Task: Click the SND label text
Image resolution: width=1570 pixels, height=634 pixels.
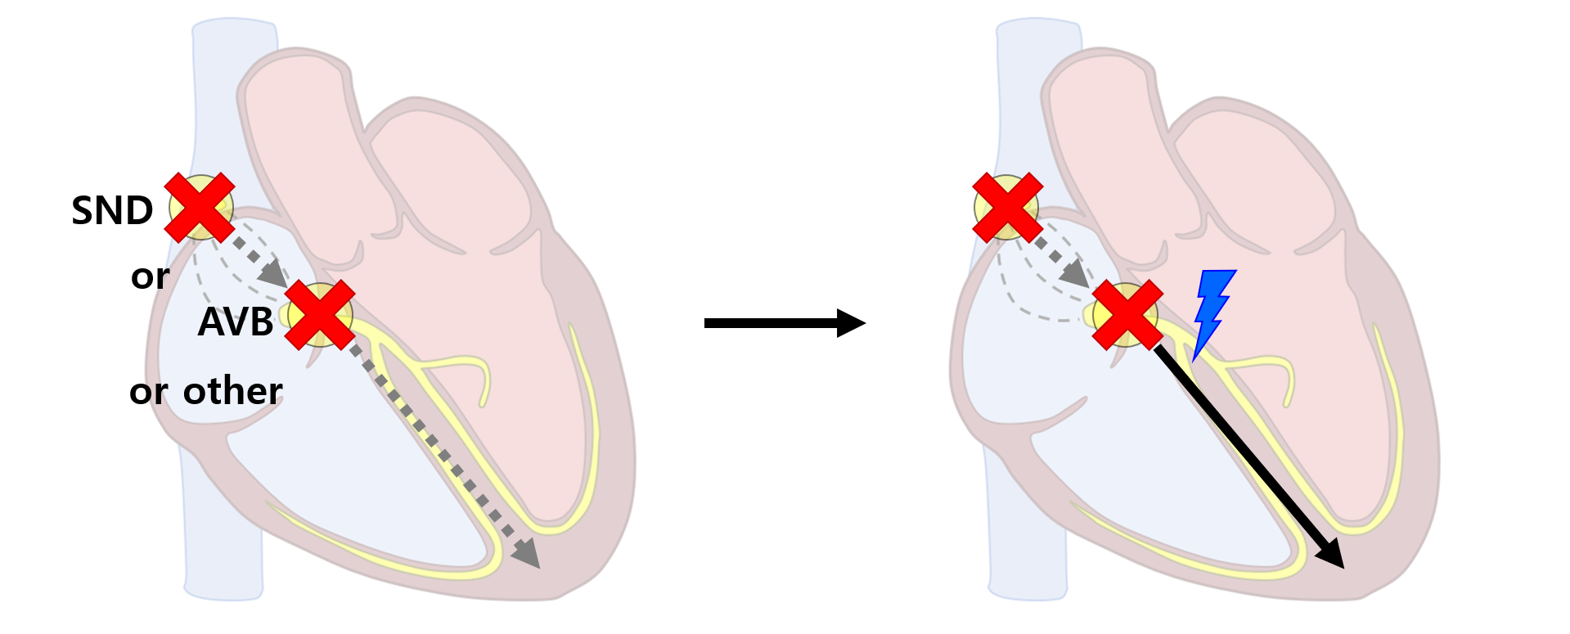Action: click(112, 211)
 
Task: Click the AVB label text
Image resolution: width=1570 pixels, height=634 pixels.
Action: click(236, 322)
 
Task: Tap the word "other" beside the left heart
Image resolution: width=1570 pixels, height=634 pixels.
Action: click(233, 391)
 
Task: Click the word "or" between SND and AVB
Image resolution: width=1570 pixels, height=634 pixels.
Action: click(150, 277)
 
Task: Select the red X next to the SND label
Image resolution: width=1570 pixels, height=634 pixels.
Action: click(200, 208)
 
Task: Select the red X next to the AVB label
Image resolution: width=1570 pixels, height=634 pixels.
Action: click(320, 315)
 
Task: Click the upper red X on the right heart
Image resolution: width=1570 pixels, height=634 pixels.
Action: click(1007, 208)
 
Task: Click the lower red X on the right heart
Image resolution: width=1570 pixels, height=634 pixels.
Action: click(1127, 315)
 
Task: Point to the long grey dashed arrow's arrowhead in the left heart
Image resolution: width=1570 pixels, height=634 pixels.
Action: click(528, 555)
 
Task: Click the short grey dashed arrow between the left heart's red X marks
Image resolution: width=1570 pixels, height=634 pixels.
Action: click(259, 262)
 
